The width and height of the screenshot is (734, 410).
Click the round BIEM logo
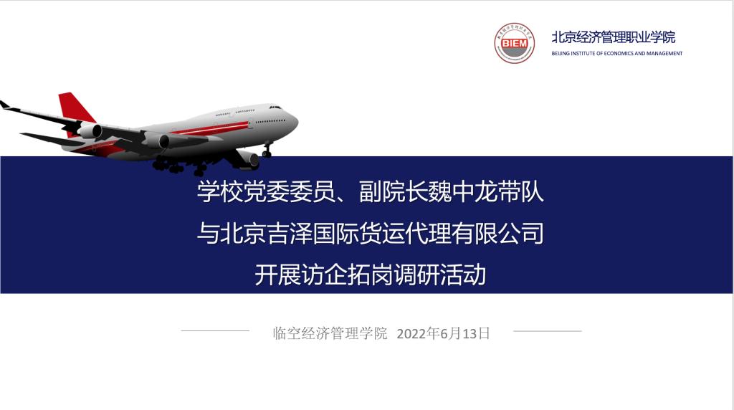click(x=515, y=43)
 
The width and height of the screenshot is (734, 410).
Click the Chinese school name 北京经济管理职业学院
click(x=614, y=37)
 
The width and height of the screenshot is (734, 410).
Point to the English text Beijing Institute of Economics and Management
click(x=617, y=53)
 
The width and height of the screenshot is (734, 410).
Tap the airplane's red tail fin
click(x=75, y=108)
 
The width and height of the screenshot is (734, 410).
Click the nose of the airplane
click(x=295, y=122)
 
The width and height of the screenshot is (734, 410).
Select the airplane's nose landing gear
click(x=267, y=151)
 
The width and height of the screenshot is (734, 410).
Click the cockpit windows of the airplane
click(x=275, y=108)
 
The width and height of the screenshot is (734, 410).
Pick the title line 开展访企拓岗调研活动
click(x=371, y=275)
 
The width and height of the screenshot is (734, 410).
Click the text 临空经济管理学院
click(x=330, y=333)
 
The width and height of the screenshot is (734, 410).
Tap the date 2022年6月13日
click(x=443, y=333)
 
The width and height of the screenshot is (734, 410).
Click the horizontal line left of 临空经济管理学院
click(x=215, y=330)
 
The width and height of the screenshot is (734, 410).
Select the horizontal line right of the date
click(x=548, y=331)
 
